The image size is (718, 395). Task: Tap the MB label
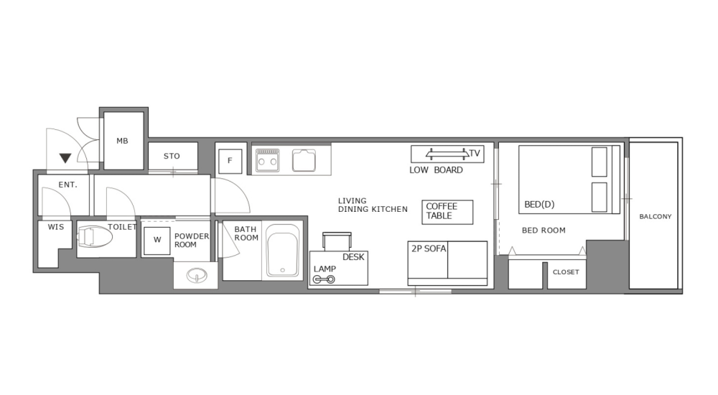[122, 141]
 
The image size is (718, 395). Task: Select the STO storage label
[172, 156]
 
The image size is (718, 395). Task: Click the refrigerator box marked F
[230, 161]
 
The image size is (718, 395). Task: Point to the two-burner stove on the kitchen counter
[268, 159]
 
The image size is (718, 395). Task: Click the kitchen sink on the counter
[304, 159]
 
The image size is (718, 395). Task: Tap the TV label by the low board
[475, 153]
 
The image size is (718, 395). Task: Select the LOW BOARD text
[436, 170]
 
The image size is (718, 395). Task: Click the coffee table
[447, 211]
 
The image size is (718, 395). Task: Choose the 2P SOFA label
[429, 248]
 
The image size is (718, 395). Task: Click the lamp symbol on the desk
[324, 279]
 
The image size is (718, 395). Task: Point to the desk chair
[337, 241]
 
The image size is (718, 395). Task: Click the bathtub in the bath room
[283, 251]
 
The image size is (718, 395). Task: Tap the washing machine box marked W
[157, 241]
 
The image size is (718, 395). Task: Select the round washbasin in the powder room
[195, 275]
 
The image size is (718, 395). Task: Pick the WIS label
[56, 227]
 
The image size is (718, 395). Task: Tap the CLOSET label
[566, 272]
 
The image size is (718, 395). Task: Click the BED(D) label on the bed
[539, 205]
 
